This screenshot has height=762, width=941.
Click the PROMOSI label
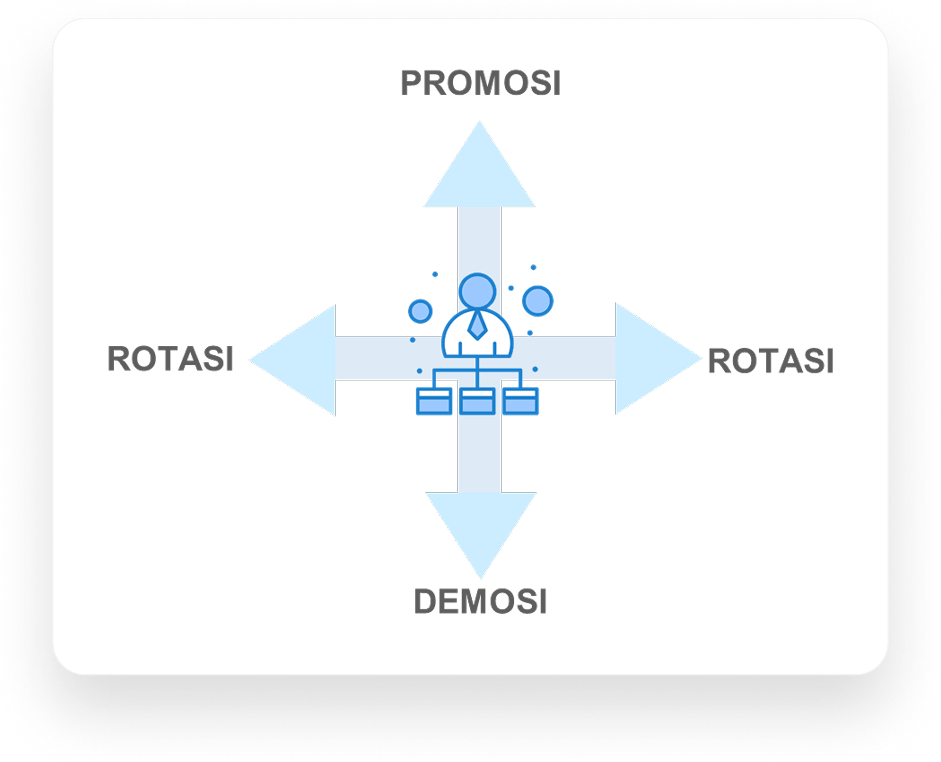click(x=480, y=83)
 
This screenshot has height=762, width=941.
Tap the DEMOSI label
click(x=480, y=601)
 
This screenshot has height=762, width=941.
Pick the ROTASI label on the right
click(x=771, y=361)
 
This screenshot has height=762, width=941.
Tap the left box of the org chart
click(x=434, y=401)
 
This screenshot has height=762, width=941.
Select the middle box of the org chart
click(x=477, y=401)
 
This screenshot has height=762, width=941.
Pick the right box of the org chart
click(x=520, y=401)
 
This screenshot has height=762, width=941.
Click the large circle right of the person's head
click(x=537, y=301)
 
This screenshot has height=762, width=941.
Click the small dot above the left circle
click(x=435, y=274)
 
